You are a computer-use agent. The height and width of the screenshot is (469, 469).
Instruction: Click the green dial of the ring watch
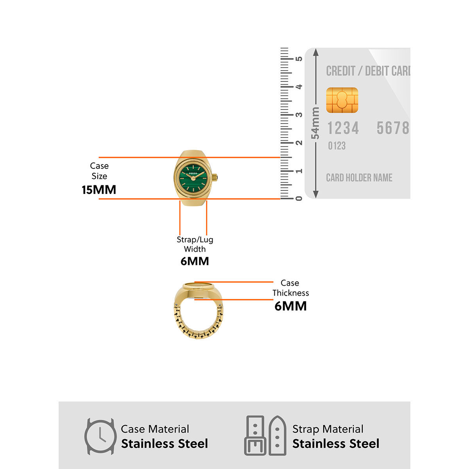(193, 178)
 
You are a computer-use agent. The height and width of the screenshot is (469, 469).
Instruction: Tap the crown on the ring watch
(215, 178)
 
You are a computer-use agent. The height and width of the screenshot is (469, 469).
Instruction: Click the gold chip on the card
(342, 100)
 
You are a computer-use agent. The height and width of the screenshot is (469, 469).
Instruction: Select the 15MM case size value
(99, 190)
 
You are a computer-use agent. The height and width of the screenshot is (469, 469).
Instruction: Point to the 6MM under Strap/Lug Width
(195, 261)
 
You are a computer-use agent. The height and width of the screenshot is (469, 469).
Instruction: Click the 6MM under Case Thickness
(290, 306)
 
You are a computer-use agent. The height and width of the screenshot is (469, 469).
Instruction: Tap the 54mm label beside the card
(315, 123)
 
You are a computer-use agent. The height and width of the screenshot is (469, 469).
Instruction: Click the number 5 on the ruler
(299, 59)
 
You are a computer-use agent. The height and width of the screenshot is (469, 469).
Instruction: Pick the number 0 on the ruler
(299, 199)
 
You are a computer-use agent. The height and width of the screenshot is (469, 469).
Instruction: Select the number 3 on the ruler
(299, 115)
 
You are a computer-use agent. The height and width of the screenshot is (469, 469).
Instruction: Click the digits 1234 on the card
(343, 128)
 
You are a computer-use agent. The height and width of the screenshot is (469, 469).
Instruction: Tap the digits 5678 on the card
(392, 128)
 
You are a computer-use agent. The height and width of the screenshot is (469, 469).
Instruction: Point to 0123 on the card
(337, 146)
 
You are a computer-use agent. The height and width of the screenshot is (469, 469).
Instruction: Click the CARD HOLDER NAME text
(359, 178)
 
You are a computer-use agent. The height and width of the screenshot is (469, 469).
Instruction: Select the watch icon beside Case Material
(100, 436)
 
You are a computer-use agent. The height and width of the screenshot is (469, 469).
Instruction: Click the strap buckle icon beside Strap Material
(265, 435)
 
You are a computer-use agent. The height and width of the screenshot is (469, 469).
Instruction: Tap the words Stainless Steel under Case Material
(165, 444)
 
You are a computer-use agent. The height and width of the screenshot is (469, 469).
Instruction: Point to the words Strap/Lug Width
(195, 244)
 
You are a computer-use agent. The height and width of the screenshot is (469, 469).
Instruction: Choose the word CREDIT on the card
(340, 71)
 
